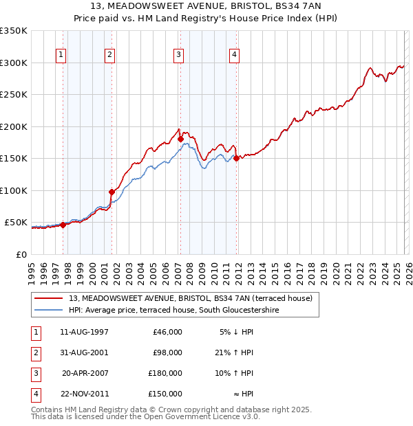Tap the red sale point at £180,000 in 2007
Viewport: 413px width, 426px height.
tap(180, 139)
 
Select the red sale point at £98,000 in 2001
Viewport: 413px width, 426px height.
tap(112, 192)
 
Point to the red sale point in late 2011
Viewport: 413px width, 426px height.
tap(236, 158)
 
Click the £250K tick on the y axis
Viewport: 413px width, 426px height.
tap(14, 95)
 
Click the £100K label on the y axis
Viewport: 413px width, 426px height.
tap(14, 190)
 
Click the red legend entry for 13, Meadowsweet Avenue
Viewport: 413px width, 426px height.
tap(191, 298)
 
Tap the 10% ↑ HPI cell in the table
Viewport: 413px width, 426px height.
tap(235, 373)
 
